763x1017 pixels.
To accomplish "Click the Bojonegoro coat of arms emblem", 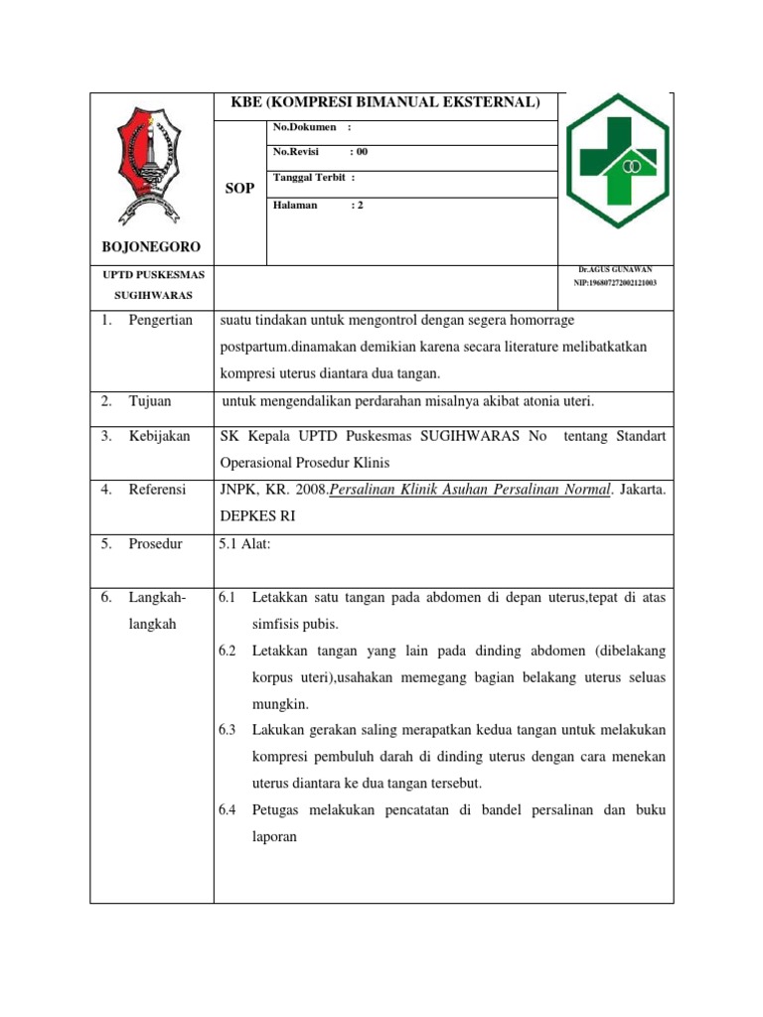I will point(152,165).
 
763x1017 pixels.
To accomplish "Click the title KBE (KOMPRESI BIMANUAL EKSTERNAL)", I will point(387,102).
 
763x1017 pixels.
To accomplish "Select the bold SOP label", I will point(239,187).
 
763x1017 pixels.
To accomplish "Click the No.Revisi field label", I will point(298,153).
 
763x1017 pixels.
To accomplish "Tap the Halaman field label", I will point(295,204).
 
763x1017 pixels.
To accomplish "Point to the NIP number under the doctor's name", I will point(615,283).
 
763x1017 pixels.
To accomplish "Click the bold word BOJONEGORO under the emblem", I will point(151,246).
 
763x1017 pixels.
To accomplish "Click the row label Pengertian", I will point(160,320).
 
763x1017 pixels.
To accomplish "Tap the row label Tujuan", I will point(150,401).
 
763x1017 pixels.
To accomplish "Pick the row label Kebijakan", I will point(159,436).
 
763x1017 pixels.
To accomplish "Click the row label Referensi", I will point(157,490).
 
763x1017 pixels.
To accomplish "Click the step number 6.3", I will point(227,730).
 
